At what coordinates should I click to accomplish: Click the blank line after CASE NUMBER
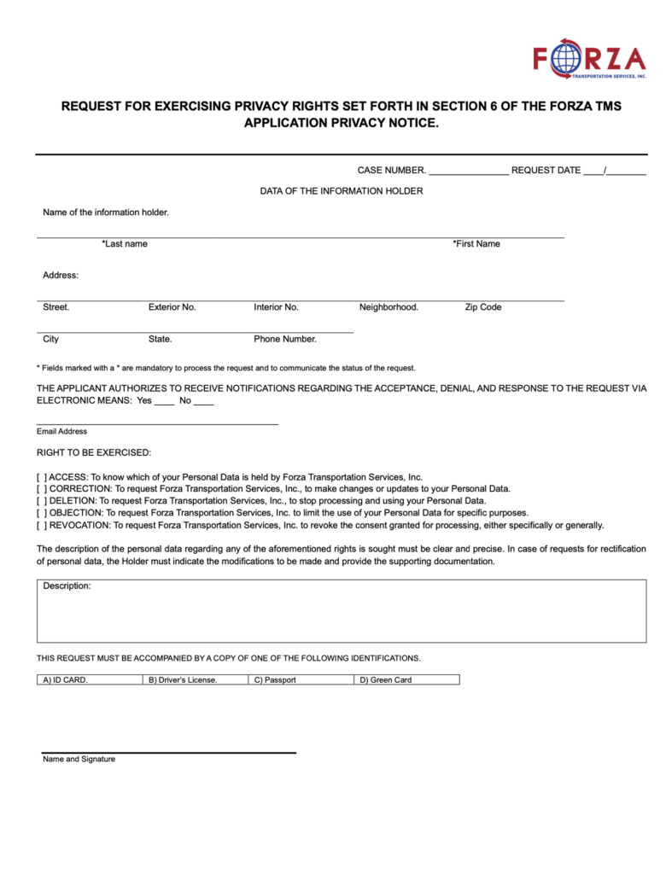click(x=469, y=172)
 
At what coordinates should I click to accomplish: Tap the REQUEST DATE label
click(x=546, y=171)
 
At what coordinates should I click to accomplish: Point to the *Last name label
click(x=125, y=244)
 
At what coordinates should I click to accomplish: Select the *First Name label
click(x=476, y=244)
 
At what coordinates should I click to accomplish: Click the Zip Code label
click(x=483, y=307)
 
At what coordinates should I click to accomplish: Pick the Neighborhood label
click(x=389, y=307)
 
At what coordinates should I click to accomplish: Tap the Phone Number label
click(x=285, y=339)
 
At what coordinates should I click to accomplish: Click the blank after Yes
click(x=165, y=401)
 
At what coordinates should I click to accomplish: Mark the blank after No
click(x=204, y=401)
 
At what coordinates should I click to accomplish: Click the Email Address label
click(x=61, y=432)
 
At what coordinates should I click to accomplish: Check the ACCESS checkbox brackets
click(x=42, y=477)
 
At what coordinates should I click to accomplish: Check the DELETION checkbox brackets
click(x=42, y=501)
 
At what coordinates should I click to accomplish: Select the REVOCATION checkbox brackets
click(x=42, y=526)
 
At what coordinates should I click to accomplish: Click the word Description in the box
click(x=67, y=586)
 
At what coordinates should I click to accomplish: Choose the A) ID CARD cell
click(x=89, y=680)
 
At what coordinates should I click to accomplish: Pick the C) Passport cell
click(x=301, y=680)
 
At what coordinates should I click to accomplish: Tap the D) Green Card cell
click(x=406, y=680)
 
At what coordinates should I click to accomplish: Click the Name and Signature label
click(x=79, y=760)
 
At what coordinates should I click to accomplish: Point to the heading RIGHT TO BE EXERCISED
click(x=94, y=452)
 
